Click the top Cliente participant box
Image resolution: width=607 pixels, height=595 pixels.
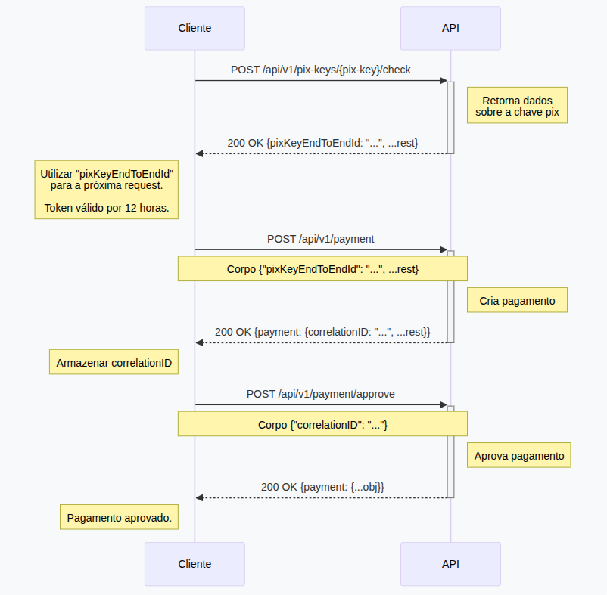195,29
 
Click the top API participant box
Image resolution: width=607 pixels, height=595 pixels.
450,29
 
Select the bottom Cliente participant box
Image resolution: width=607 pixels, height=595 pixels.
195,564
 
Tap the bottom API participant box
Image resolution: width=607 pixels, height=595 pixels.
450,564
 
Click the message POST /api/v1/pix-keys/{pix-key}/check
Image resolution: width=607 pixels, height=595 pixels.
321,70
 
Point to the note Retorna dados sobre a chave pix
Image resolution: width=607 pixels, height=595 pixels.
517,106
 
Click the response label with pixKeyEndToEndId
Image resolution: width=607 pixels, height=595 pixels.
322,142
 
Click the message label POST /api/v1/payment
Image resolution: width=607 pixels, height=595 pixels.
321,239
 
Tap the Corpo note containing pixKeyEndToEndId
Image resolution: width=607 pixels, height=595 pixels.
322,269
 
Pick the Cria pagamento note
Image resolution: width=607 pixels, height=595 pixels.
517,301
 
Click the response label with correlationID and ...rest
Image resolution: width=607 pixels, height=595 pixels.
322,332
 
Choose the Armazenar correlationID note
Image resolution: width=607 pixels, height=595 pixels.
114,363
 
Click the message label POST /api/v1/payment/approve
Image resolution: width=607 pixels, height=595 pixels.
321,394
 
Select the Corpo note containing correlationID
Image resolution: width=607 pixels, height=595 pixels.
322,424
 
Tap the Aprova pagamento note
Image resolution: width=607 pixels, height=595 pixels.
518,456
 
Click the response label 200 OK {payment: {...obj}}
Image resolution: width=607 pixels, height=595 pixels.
322,487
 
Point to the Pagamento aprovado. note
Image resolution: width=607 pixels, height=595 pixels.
119,518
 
